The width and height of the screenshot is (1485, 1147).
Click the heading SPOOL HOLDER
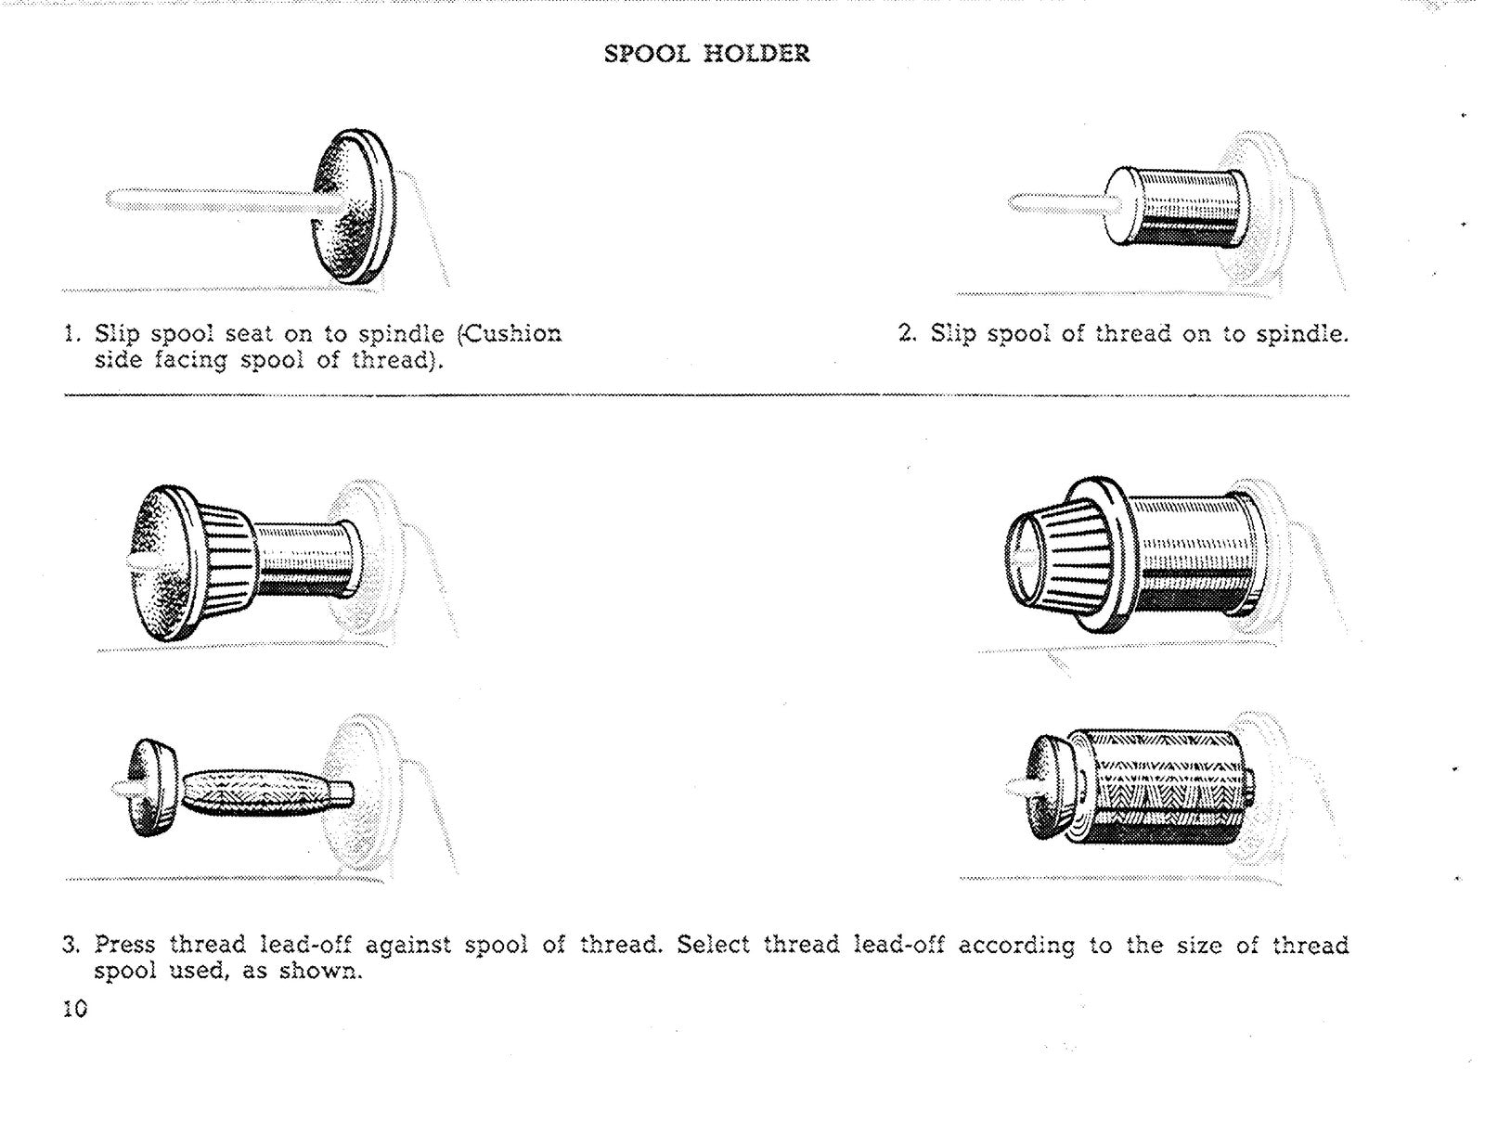(706, 54)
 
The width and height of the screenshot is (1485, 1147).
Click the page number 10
(75, 1009)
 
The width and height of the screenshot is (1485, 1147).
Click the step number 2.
(906, 333)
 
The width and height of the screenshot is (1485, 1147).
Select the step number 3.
(71, 946)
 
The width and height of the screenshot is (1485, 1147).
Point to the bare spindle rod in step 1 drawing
(204, 200)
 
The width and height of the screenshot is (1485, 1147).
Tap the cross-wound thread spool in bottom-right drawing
(1165, 787)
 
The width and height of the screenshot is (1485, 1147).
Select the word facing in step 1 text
(189, 360)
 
